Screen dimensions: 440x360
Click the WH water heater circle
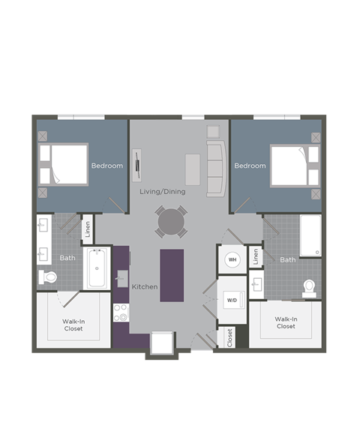click(x=232, y=260)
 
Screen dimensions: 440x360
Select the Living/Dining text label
click(x=162, y=191)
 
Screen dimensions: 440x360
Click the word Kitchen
click(x=144, y=287)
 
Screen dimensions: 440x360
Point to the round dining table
click(x=172, y=222)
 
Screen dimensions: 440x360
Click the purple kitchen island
click(x=172, y=275)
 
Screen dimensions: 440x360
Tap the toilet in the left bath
click(x=48, y=277)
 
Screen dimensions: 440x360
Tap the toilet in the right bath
click(x=308, y=288)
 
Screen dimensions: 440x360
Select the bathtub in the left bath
click(x=97, y=268)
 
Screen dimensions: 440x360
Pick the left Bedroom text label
click(x=106, y=166)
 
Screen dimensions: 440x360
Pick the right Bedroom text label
click(x=250, y=166)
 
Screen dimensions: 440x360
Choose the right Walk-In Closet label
click(x=286, y=322)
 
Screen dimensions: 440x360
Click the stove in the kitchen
click(x=120, y=313)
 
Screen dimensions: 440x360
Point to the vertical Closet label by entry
click(x=229, y=337)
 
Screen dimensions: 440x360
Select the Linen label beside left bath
click(x=88, y=228)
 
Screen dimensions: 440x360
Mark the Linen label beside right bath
click(x=256, y=256)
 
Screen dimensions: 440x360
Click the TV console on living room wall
click(x=137, y=165)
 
